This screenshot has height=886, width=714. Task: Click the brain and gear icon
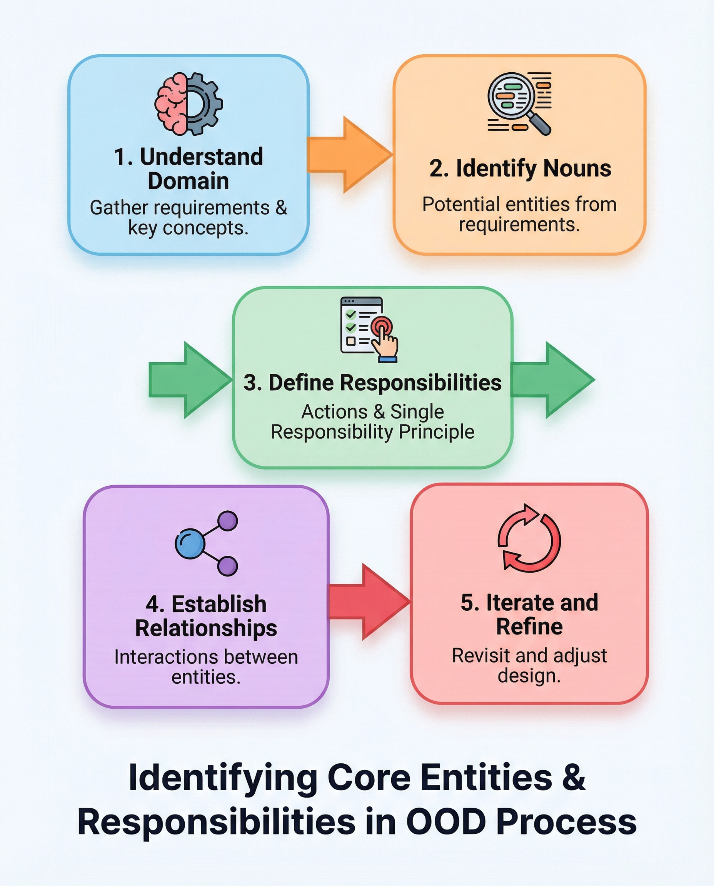(189, 103)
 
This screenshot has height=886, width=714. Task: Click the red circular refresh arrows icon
(529, 538)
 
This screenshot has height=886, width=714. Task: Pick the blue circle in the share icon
(189, 543)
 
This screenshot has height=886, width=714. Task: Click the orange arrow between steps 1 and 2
(350, 155)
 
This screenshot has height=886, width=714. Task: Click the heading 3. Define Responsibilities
(372, 383)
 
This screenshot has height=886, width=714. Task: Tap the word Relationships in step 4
(206, 628)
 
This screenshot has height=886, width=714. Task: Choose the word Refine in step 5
(529, 626)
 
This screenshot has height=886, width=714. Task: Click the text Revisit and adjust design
(529, 665)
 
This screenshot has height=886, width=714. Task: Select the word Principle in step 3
(436, 432)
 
